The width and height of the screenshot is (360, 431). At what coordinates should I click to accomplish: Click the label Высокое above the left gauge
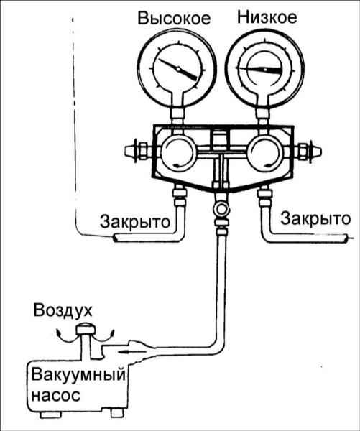pyautogui.click(x=174, y=19)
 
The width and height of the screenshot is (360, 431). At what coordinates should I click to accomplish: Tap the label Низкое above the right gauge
pyautogui.click(x=267, y=17)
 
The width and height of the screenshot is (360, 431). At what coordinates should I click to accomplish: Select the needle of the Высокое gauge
pyautogui.click(x=178, y=70)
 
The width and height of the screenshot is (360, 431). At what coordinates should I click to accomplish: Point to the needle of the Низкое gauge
pyautogui.click(x=260, y=70)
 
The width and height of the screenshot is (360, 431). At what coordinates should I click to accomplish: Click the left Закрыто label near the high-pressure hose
pyautogui.click(x=135, y=221)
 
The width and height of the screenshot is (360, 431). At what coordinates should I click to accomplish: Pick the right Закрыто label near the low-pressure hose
pyautogui.click(x=315, y=219)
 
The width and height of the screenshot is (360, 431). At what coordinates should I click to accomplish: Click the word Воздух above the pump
pyautogui.click(x=63, y=311)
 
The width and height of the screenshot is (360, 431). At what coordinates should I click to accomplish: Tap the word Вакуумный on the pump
pyautogui.click(x=78, y=376)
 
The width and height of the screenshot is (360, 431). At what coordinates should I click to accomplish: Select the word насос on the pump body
pyautogui.click(x=56, y=395)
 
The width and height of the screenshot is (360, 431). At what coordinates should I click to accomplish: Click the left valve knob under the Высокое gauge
pyautogui.click(x=178, y=153)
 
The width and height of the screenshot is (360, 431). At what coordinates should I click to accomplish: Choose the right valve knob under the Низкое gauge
pyautogui.click(x=264, y=153)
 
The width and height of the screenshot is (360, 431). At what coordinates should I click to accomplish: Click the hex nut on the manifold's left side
pyautogui.click(x=143, y=151)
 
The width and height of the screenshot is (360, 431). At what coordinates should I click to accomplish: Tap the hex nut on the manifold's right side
pyautogui.click(x=303, y=151)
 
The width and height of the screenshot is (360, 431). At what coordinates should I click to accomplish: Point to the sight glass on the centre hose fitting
pyautogui.click(x=221, y=210)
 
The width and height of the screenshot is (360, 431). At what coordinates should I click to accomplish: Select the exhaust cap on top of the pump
pyautogui.click(x=86, y=329)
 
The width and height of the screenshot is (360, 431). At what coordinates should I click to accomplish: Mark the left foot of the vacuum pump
pyautogui.click(x=50, y=414)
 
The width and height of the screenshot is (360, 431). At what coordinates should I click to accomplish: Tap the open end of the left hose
pyautogui.click(x=115, y=238)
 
